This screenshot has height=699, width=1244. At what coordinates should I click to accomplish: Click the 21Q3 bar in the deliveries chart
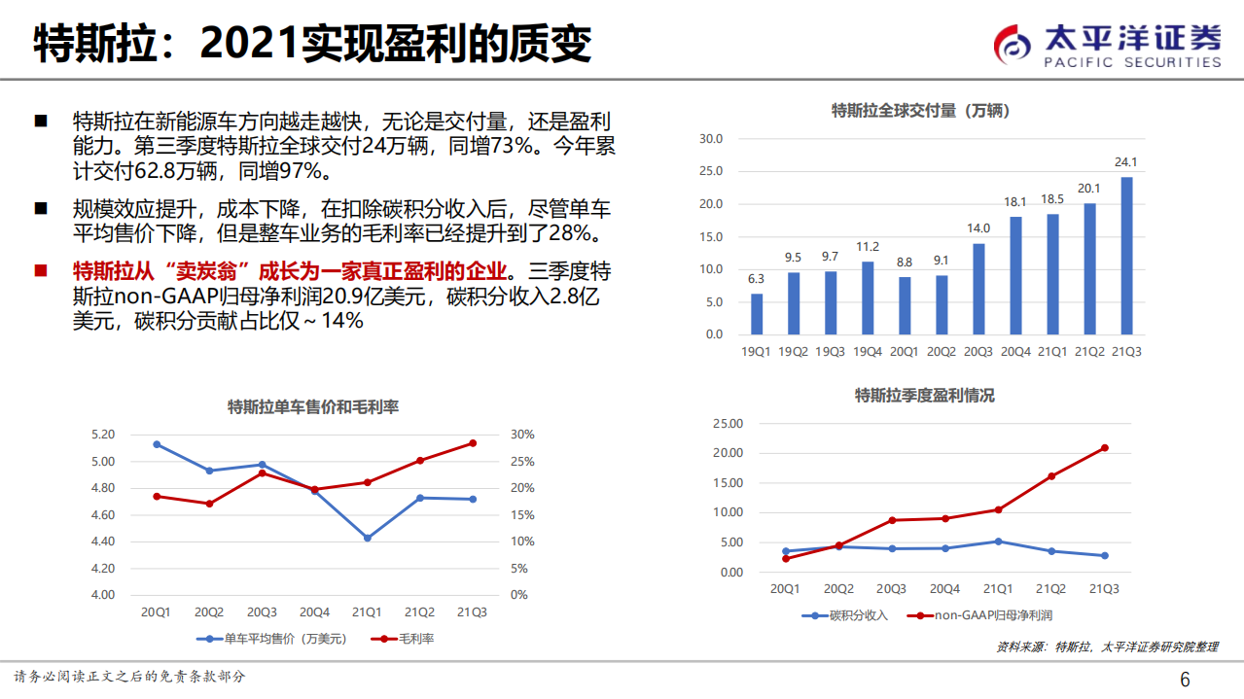(1126, 255)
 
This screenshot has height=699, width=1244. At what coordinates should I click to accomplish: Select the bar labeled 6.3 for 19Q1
(757, 314)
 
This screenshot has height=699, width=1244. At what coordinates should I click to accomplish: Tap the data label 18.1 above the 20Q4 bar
(1015, 202)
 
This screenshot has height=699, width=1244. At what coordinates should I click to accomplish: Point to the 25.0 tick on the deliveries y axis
(711, 171)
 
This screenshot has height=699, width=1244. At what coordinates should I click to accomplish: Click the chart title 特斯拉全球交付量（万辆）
(920, 111)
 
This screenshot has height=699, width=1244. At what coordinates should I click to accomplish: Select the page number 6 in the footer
(1185, 679)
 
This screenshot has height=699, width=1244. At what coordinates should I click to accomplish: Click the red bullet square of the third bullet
(41, 270)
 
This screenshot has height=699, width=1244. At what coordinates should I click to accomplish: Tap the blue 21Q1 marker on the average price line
(368, 538)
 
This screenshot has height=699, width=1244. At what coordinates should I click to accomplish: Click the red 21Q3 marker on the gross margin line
(473, 443)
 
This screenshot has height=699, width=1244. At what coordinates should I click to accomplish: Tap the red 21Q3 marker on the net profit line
(1104, 448)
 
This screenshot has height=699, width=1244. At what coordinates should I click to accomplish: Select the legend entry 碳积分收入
(846, 615)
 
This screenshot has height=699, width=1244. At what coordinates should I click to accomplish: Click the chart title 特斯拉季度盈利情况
(924, 396)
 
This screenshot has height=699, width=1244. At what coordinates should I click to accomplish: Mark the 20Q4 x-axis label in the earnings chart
(944, 589)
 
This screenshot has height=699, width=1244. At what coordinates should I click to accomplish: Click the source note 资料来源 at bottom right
(1108, 647)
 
